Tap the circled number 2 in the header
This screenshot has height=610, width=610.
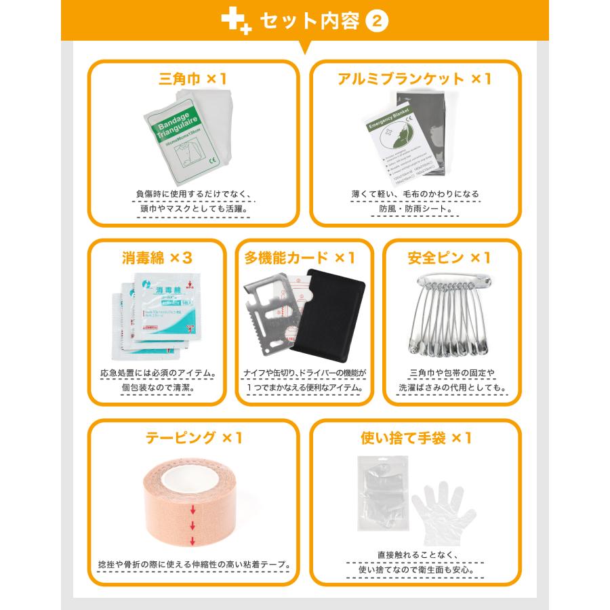[x=377, y=21]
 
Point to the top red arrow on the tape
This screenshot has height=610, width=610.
[x=192, y=510]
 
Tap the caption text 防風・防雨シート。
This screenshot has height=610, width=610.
[x=415, y=209]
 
